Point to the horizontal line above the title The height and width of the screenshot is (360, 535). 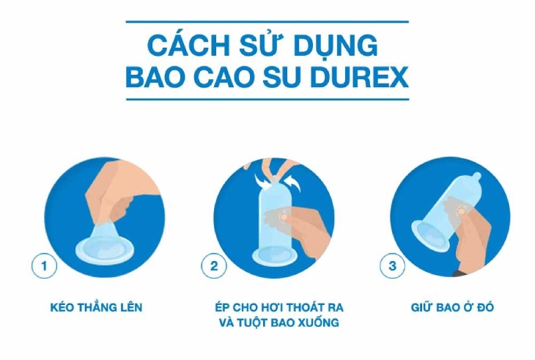click(267, 21)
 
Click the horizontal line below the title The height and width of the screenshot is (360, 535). click(267, 98)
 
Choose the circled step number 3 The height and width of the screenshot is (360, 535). click(392, 266)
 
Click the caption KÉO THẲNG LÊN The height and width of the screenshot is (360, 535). click(96, 307)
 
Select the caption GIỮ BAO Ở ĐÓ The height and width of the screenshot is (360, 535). click(451, 307)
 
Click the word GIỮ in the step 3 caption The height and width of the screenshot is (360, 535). click(423, 307)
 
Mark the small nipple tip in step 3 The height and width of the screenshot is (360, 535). click(477, 176)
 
